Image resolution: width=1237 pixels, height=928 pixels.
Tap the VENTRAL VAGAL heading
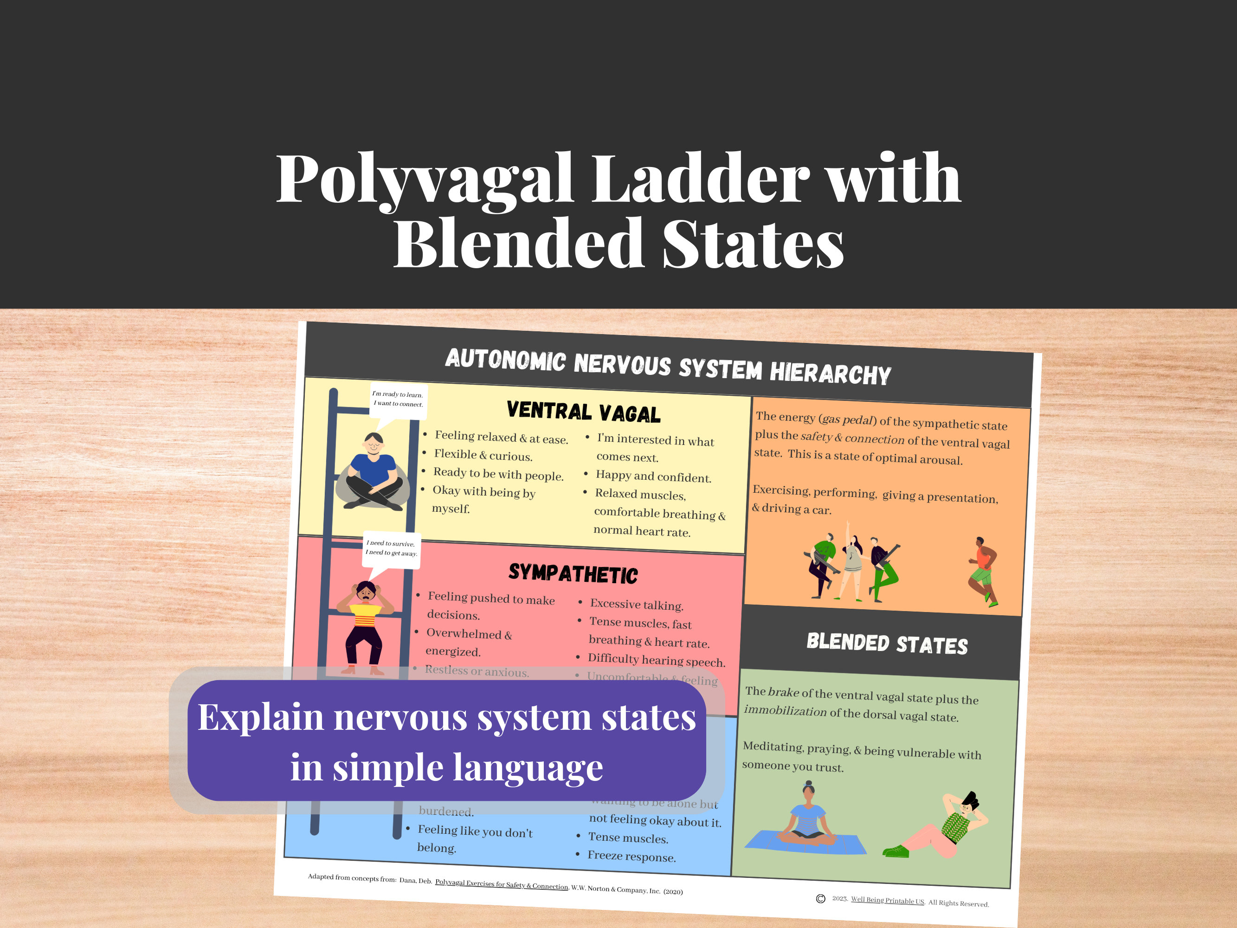coord(583,412)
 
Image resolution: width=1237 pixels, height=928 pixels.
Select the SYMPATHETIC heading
coord(573,574)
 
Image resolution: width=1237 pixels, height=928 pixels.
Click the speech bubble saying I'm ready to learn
coord(398,399)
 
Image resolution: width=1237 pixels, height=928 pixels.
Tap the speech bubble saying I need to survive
coord(392,548)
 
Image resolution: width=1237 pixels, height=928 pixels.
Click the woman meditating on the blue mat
coord(807,819)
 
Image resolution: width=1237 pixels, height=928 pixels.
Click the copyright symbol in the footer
coord(820,899)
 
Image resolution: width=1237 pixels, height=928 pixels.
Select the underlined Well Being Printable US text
coord(887,900)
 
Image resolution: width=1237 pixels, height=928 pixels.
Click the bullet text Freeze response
coord(631,857)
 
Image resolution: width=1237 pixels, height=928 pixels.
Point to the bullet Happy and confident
coord(653,477)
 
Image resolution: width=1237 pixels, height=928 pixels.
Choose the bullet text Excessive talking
coord(637,605)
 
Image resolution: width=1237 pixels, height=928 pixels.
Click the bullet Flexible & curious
coord(483,455)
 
